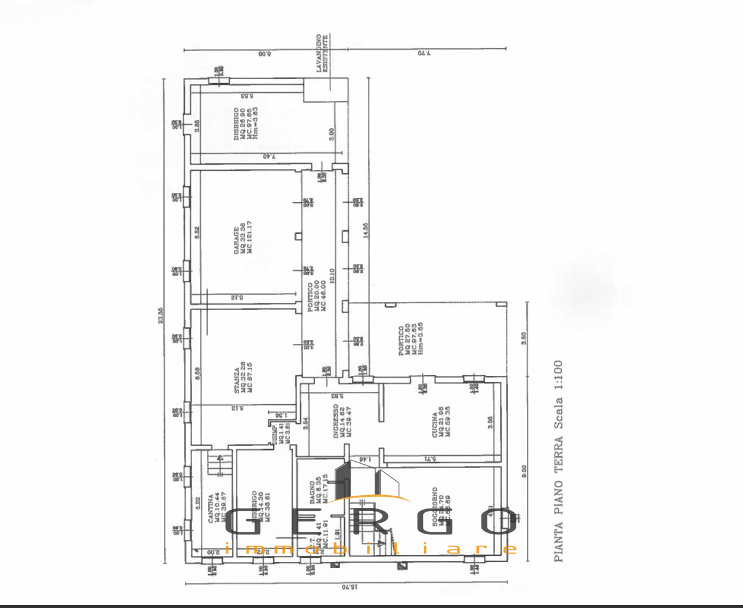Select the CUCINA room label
434,424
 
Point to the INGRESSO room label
336,424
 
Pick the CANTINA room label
210,509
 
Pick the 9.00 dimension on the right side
524,470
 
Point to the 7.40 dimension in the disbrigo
268,157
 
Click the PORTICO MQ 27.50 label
401,340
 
